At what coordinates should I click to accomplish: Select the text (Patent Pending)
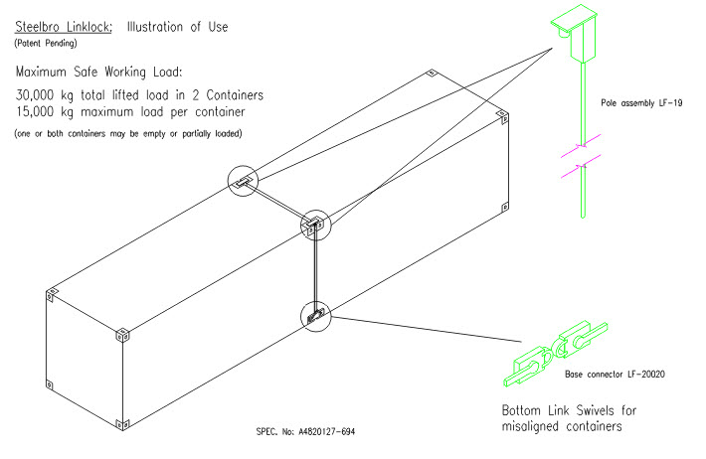[x=47, y=45]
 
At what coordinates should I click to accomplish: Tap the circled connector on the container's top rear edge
[x=244, y=181]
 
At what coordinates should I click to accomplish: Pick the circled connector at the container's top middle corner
[x=315, y=225]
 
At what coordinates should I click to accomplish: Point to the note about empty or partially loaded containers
[x=127, y=133]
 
